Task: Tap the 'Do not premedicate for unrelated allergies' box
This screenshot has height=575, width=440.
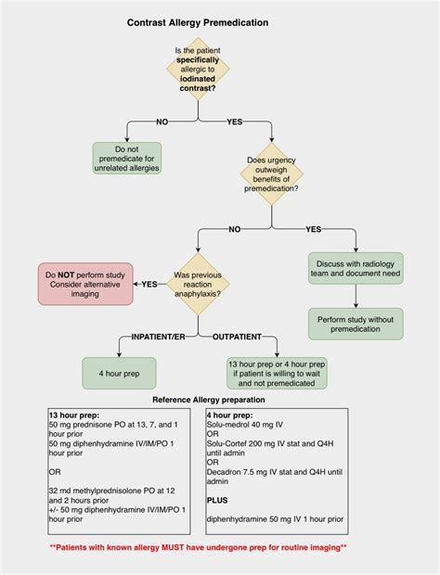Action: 127,157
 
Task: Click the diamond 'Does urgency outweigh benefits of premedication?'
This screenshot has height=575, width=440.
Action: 272,175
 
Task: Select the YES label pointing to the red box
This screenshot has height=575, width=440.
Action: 149,284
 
